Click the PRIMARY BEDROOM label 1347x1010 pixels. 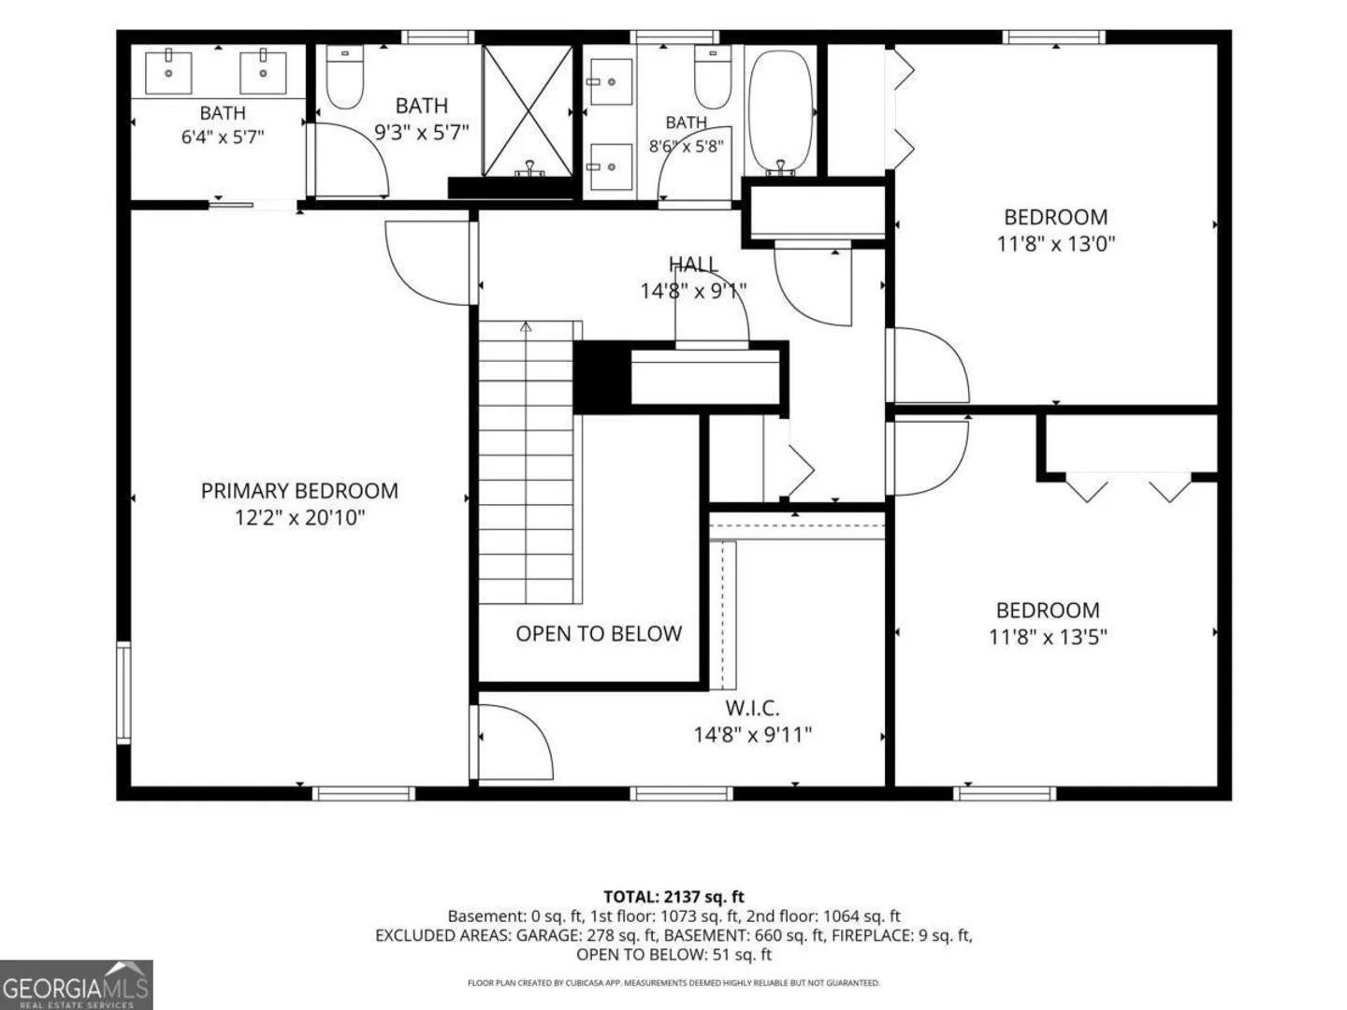[x=299, y=491]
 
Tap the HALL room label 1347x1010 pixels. [x=693, y=264]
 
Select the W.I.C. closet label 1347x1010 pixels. [x=752, y=708]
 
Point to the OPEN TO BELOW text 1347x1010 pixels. [x=599, y=633]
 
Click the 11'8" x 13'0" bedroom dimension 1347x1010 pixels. [x=1055, y=244]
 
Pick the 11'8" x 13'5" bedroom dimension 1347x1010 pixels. [x=1048, y=637]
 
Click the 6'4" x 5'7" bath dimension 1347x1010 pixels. [x=222, y=137]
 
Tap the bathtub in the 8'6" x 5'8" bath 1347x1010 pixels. [x=780, y=111]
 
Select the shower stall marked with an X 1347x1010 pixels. [x=528, y=110]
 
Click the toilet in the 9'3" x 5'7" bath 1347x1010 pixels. [x=344, y=78]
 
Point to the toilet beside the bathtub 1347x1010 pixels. [x=713, y=78]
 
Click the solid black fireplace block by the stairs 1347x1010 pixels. [x=602, y=377]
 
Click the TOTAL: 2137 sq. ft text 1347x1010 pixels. [x=673, y=897]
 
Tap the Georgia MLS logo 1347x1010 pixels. [x=76, y=984]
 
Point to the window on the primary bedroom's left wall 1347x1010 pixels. [x=124, y=693]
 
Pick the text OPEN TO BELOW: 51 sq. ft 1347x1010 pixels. [x=673, y=954]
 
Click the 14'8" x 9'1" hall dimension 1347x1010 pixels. [x=693, y=291]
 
